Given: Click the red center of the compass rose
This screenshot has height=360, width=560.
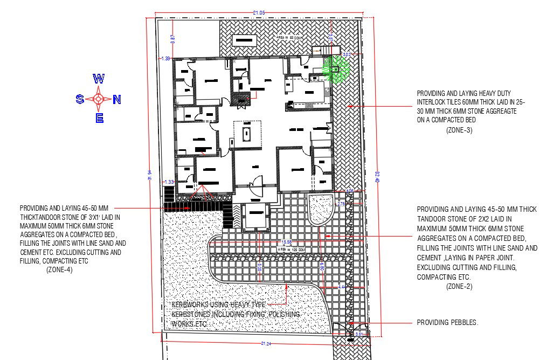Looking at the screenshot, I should coord(99,99).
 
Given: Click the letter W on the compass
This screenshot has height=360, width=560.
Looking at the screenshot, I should coord(99,79).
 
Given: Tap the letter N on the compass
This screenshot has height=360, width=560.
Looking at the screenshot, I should coord(117,99).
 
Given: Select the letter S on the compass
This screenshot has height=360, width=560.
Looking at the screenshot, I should coord(80,99).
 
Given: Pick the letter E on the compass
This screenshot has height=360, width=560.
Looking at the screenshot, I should coord(99,119).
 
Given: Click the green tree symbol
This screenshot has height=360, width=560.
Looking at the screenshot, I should coord(335,68).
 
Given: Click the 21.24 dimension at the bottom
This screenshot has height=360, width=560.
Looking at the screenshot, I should coord(266,343).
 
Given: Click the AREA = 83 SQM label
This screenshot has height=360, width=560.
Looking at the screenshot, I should coord(288,38).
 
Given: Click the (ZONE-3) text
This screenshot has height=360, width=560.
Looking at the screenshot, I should coord(459,130).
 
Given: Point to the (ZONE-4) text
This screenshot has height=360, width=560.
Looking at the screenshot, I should coord(59,269).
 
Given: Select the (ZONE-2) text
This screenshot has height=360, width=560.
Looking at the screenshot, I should coord(459,287).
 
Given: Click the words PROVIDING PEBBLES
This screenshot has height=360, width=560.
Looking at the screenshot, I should coord(447,323).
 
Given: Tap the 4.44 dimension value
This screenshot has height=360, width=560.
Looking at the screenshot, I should coord(341,287).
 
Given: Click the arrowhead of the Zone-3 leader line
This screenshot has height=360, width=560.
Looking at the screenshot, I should coord(349,107).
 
